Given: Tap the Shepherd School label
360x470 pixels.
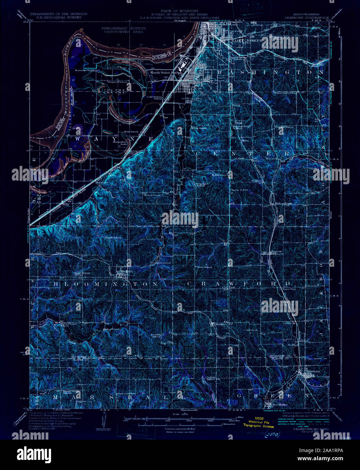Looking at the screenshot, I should (117, 82).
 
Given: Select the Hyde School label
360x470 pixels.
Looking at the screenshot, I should (131, 132).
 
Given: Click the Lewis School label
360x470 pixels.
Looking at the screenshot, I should (114, 238).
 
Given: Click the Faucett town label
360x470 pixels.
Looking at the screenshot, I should (279, 252).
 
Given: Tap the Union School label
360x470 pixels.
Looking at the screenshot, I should (205, 267).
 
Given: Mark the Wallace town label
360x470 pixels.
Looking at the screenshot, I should (219, 324).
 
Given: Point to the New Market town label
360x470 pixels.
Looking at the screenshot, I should (280, 404).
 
